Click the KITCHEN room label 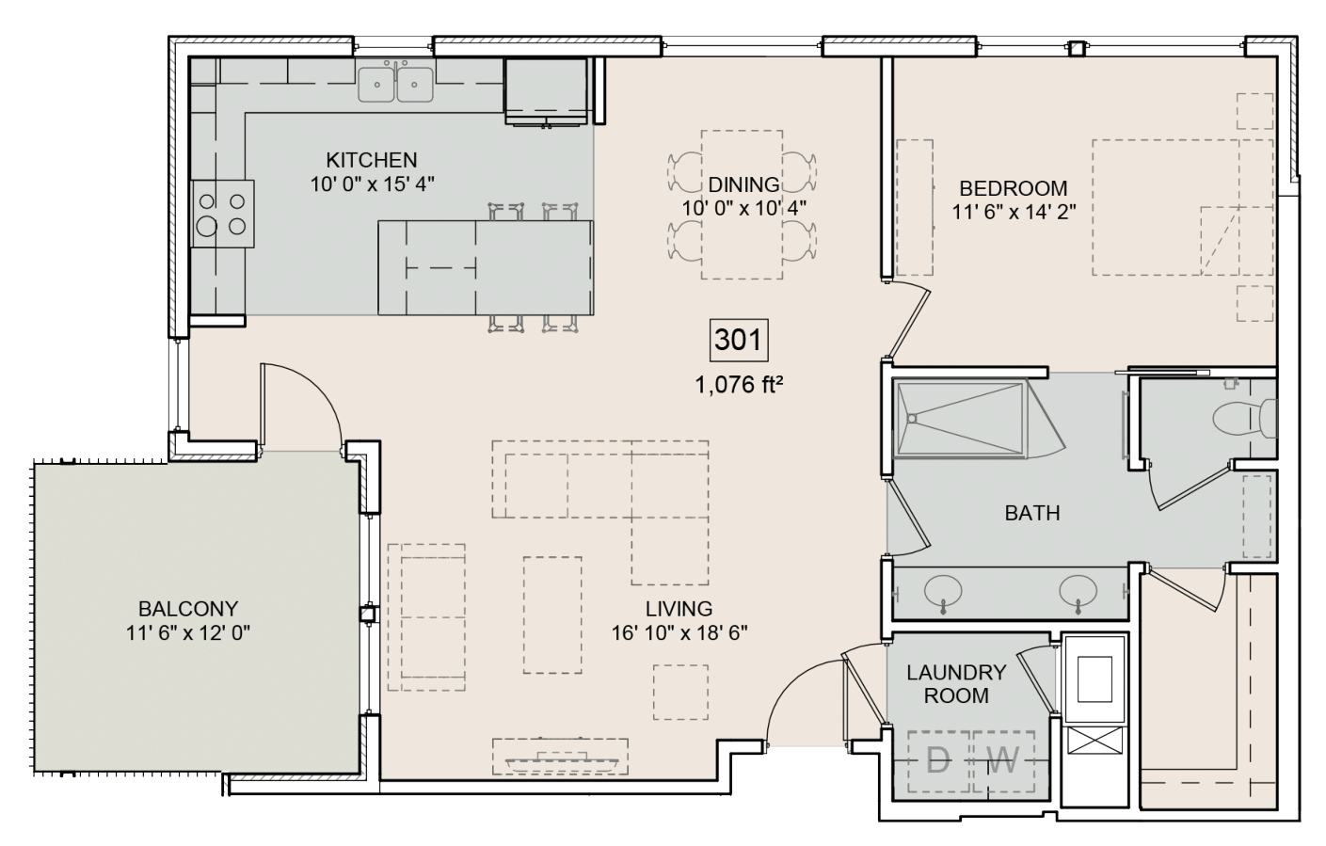click(371, 160)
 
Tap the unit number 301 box click(738, 340)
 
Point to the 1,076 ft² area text click(740, 384)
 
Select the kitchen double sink click(395, 83)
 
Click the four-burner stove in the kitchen click(223, 214)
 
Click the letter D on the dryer click(938, 760)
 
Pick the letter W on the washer click(1003, 760)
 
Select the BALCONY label click(188, 609)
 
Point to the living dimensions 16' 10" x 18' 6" click(679, 632)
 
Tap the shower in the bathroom click(960, 419)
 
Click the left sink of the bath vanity click(943, 592)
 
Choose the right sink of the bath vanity click(1078, 592)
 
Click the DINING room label click(743, 184)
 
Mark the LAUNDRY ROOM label click(956, 684)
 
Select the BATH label click(1031, 513)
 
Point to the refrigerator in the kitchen click(547, 89)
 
